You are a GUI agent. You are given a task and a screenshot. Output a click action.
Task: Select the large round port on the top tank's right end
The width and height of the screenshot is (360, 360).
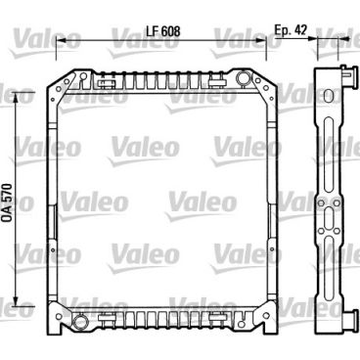click(x=242, y=77)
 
